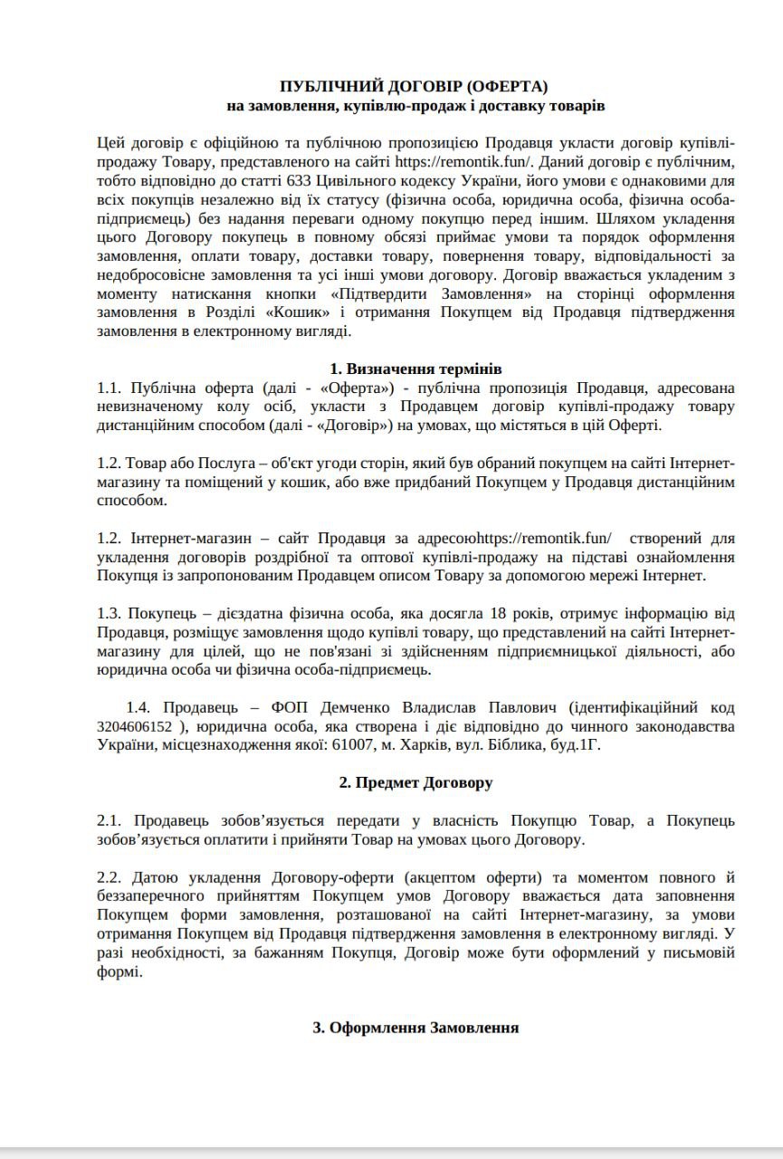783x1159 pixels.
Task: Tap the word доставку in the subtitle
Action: point(489,106)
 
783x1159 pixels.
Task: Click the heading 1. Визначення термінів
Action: point(415,369)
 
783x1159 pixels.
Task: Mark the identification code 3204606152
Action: point(133,727)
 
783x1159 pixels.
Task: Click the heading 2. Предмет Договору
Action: point(415,783)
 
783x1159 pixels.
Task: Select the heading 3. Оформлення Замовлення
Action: point(415,1028)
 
